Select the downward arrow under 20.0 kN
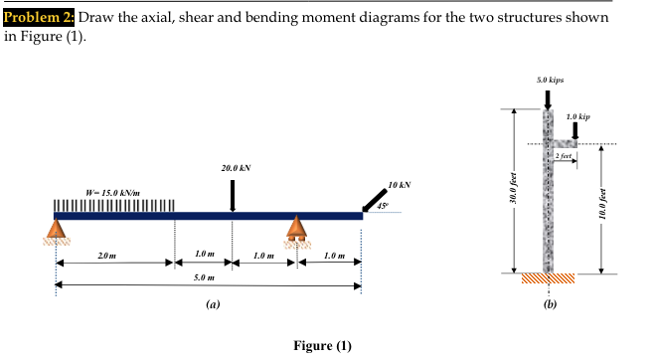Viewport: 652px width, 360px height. [233, 195]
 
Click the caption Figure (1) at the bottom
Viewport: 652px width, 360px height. [324, 345]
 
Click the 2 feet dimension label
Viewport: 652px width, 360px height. [564, 156]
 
